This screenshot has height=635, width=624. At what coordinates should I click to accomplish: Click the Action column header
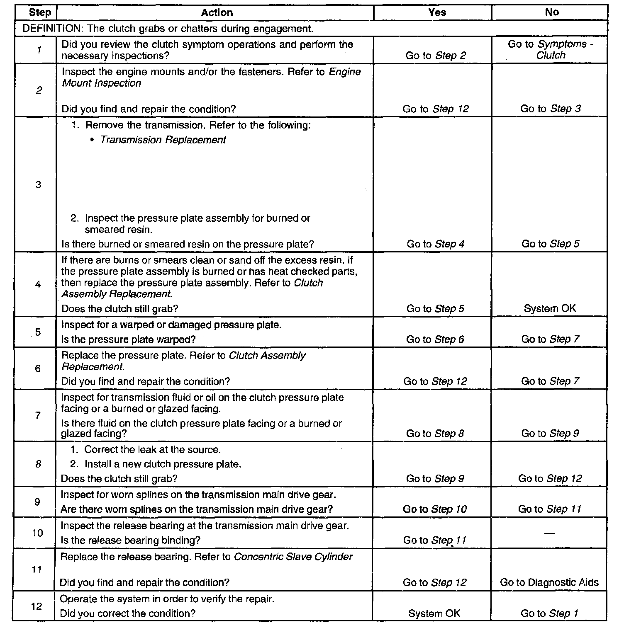click(x=217, y=13)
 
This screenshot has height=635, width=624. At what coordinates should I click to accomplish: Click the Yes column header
click(x=437, y=12)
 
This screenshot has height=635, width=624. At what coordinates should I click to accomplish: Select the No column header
click(x=551, y=12)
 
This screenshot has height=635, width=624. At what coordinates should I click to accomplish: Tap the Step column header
click(x=40, y=12)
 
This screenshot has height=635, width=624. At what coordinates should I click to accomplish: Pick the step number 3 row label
click(x=38, y=184)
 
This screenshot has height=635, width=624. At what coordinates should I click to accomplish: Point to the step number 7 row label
click(x=38, y=415)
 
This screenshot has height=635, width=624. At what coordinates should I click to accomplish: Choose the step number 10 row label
click(x=37, y=533)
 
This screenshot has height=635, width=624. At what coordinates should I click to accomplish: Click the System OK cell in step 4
click(x=550, y=308)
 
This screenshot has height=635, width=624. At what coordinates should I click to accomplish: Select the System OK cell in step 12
click(x=434, y=613)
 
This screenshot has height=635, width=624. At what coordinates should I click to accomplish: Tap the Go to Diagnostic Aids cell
click(x=549, y=582)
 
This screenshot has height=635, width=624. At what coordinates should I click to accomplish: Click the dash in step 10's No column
click(x=549, y=533)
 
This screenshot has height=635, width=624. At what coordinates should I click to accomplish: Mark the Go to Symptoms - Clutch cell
click(x=551, y=50)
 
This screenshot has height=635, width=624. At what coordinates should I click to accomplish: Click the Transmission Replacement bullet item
click(x=163, y=140)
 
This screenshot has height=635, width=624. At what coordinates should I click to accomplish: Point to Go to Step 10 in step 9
click(x=435, y=509)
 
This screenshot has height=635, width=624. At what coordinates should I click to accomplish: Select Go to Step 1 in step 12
click(x=549, y=613)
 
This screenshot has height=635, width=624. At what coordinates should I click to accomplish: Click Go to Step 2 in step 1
click(x=436, y=56)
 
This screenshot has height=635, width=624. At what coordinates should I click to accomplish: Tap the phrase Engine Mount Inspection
click(x=212, y=78)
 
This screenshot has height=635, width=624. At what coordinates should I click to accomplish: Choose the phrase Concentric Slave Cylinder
click(x=293, y=557)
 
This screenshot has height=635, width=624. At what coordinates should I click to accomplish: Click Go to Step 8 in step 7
click(x=435, y=434)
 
